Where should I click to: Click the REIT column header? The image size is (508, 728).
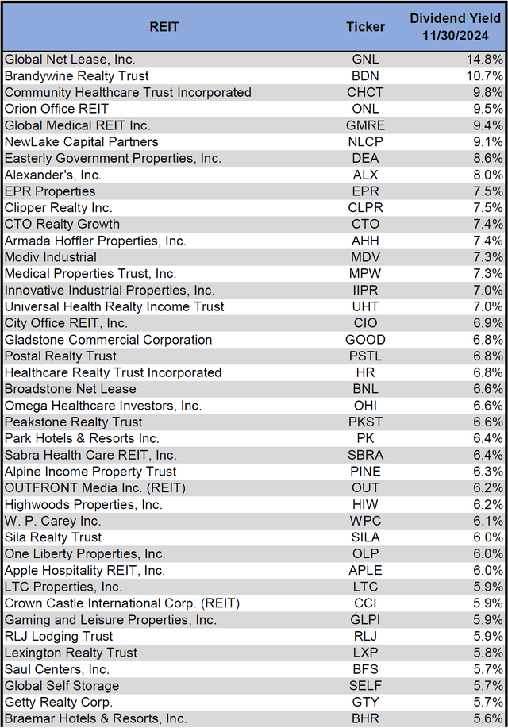[164, 27]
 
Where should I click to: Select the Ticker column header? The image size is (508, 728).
[365, 27]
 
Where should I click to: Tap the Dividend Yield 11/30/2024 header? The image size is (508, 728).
[457, 27]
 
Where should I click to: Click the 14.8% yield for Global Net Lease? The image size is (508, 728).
[485, 60]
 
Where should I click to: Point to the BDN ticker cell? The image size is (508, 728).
[366, 76]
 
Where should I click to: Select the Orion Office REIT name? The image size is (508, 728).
[56, 109]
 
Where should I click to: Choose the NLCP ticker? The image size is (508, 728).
[366, 142]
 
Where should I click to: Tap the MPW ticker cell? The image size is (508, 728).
[366, 274]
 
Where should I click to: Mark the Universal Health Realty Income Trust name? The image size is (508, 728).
[114, 306]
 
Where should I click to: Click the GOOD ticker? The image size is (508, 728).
[366, 340]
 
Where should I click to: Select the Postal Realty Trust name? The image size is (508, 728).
[60, 356]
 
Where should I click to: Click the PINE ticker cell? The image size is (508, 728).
[366, 472]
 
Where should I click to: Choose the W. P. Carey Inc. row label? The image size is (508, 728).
[52, 521]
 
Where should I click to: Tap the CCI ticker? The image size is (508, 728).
[366, 603]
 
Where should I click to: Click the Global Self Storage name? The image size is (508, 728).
[62, 685]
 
